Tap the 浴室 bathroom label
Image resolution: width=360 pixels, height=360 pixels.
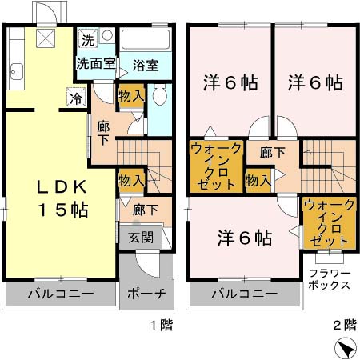tap(145, 64)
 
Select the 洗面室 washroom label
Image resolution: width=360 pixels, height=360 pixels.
tap(96, 62)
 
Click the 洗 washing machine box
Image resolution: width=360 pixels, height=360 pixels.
tap(86, 39)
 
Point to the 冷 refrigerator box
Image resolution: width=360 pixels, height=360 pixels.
tap(74, 99)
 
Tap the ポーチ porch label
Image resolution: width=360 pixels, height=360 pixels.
tap(146, 294)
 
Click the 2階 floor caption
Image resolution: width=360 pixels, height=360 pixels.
tap(345, 326)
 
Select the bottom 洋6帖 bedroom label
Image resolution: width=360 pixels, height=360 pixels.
tap(245, 238)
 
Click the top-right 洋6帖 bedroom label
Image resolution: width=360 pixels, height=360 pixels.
tap(315, 82)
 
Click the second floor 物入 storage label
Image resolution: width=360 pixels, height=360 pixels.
tap(257, 181)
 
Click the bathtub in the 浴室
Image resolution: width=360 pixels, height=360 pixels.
tap(145, 41)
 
